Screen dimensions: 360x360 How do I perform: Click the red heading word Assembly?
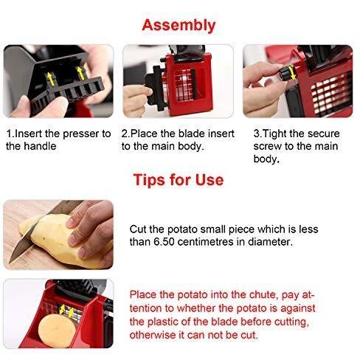coord(179,26)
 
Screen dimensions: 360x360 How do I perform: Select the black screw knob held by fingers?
coord(285,73)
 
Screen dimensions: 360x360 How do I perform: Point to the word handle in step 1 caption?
coord(40,146)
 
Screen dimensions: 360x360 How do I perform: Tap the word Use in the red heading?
coord(210,180)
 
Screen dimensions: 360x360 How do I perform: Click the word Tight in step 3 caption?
coord(274,134)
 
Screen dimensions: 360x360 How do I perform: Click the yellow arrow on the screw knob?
coord(292,72)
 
